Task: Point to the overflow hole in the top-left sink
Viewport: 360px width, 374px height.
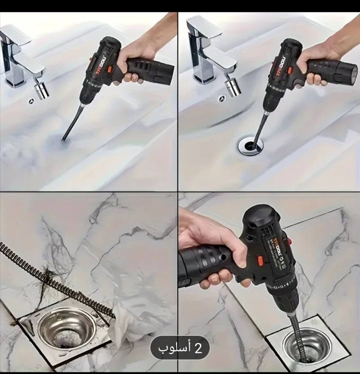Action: pyautogui.click(x=32, y=100)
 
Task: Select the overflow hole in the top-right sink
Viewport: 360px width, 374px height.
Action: pyautogui.click(x=222, y=98)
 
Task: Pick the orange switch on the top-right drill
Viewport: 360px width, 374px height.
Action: pyautogui.click(x=290, y=70)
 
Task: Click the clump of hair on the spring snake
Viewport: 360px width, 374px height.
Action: pyautogui.click(x=47, y=280)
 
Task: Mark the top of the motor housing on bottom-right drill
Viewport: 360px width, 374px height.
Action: pyautogui.click(x=260, y=213)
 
